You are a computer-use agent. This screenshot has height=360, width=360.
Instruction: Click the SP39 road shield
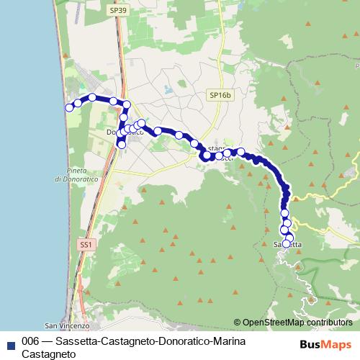[117, 11]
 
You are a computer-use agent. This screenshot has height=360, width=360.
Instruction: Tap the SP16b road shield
[219, 94]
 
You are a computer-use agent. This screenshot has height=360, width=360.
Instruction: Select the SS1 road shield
[86, 245]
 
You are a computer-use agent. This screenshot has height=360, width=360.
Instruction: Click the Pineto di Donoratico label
[76, 174]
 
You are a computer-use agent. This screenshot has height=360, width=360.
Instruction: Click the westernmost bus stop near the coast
[70, 108]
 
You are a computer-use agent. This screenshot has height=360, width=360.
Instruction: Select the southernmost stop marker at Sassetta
[287, 244]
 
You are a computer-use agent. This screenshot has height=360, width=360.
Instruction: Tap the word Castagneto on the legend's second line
[48, 354]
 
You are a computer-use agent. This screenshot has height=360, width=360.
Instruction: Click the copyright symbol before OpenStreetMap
[237, 323]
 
